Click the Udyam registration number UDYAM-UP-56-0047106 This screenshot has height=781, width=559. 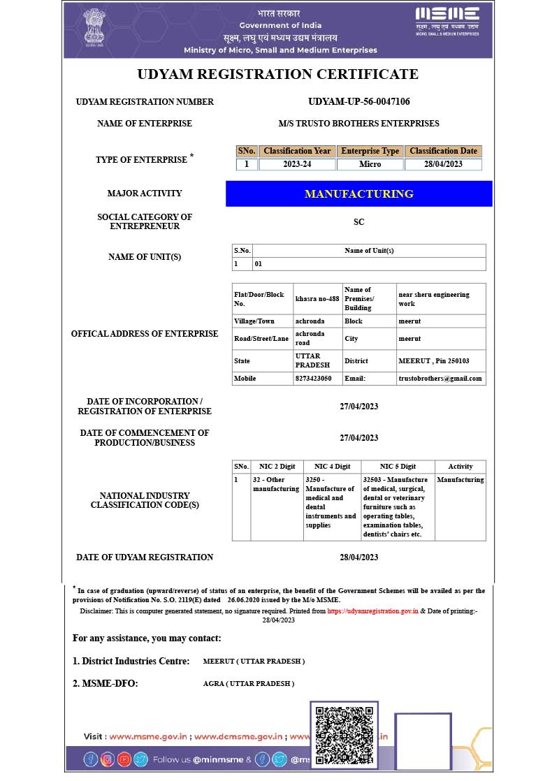click(x=358, y=101)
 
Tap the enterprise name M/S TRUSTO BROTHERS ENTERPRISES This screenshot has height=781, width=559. click(x=358, y=124)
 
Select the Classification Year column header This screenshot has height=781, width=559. click(x=297, y=151)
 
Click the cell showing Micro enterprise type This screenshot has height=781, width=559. click(x=370, y=164)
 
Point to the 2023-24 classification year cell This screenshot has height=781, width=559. click(x=297, y=164)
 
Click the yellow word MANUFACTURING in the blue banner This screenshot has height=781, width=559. click(x=358, y=194)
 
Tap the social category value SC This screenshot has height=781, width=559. click(x=358, y=222)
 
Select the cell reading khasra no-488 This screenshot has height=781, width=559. click(x=317, y=299)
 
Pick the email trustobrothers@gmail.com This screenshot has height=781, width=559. click(x=440, y=378)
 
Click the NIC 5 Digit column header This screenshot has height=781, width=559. click(x=398, y=467)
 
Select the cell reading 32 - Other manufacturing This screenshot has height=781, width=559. click(x=276, y=484)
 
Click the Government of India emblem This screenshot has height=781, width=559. click(x=94, y=28)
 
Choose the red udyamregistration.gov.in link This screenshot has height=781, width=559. click(x=372, y=611)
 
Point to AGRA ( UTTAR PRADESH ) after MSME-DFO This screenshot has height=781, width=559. click(x=249, y=683)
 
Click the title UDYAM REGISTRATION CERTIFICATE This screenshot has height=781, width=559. click(x=277, y=74)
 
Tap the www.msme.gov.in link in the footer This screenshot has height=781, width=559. click(x=149, y=736)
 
